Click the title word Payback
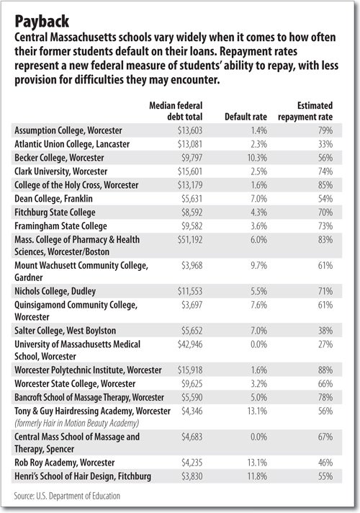pyautogui.click(x=42, y=22)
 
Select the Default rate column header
pyautogui.click(x=246, y=117)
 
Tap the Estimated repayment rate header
pyautogui.click(x=305, y=111)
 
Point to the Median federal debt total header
pyautogui.click(x=176, y=111)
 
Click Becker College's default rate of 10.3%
pyautogui.click(x=257, y=158)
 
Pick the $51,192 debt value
pyautogui.click(x=190, y=240)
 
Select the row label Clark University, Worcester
pyautogui.click(x=60, y=171)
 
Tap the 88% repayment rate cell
pyautogui.click(x=325, y=370)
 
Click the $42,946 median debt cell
pyautogui.click(x=190, y=344)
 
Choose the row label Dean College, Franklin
pyautogui.click(x=53, y=199)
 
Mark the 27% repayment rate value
pyautogui.click(x=325, y=344)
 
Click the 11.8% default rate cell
pyautogui.click(x=257, y=476)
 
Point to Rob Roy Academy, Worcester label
pyautogui.click(x=64, y=463)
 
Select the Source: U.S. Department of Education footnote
pyautogui.click(x=67, y=496)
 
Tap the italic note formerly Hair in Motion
pyautogui.click(x=76, y=424)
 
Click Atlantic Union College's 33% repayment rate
pyautogui.click(x=325, y=144)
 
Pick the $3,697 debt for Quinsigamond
pyautogui.click(x=192, y=305)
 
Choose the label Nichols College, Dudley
pyautogui.click(x=55, y=291)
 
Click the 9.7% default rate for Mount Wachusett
pyautogui.click(x=258, y=265)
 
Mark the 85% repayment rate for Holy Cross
pyautogui.click(x=325, y=185)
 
